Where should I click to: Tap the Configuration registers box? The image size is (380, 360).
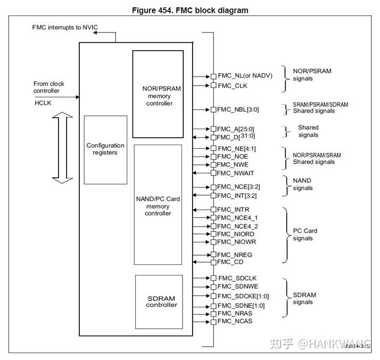point(105,149)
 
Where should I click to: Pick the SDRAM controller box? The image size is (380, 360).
point(159,302)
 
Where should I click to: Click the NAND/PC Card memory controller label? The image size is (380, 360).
point(158,206)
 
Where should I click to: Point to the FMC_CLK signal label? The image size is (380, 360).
point(233,85)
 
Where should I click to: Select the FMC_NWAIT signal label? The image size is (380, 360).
point(236,173)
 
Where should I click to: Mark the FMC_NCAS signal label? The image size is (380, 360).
point(235,321)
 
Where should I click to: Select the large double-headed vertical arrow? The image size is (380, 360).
point(63,148)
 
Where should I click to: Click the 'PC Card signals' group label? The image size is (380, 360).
point(305,235)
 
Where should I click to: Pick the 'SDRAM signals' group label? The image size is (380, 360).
point(304,299)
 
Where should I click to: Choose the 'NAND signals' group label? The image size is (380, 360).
point(302,184)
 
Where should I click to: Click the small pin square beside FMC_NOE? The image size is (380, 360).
point(213,157)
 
